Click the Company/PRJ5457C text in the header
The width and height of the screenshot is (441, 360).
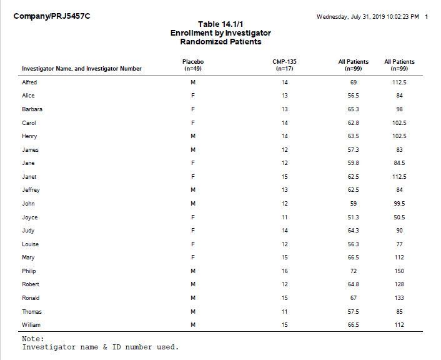tap(51, 16)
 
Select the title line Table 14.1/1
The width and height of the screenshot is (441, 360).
tap(220, 24)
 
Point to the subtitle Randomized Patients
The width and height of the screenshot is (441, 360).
tap(220, 42)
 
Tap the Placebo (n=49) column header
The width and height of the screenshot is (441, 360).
tap(193, 65)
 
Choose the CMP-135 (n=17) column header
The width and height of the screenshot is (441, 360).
tap(284, 65)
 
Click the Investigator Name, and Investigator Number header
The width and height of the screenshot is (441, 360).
tap(82, 69)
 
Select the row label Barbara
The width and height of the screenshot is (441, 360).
tap(32, 109)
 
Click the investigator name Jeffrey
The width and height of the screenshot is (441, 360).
tap(31, 190)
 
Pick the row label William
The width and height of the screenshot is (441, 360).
tap(31, 325)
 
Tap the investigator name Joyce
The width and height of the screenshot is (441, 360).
tap(30, 217)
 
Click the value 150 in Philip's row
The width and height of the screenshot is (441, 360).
tap(399, 271)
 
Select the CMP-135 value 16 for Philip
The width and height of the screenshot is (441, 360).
tap(284, 271)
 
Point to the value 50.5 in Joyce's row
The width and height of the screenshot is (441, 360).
tap(399, 217)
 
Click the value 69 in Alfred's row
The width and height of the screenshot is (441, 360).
tap(353, 82)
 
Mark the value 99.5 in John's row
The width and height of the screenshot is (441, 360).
tap(399, 204)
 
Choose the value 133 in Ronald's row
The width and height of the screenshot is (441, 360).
tap(399, 298)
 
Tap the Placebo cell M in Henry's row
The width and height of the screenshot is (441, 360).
tap(193, 136)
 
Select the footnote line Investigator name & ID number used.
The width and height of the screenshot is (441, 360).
tap(101, 347)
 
